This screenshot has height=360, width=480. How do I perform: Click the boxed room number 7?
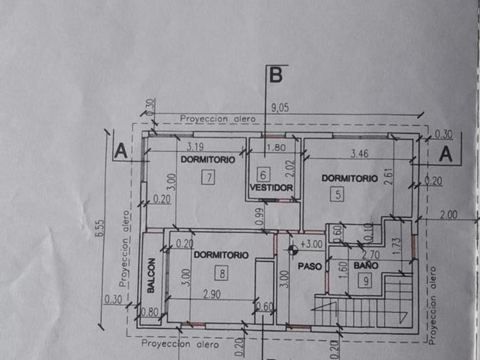(x=210, y=177)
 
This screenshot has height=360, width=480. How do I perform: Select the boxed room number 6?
(x=263, y=174)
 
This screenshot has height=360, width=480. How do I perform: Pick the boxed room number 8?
(x=221, y=273)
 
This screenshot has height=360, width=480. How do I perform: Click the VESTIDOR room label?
(x=272, y=187)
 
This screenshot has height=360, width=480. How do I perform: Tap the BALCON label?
(x=151, y=276)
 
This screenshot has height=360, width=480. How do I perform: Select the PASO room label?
(x=310, y=266)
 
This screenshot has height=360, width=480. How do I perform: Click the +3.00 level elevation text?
(x=311, y=243)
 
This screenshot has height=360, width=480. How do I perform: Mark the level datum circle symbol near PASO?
(x=293, y=249)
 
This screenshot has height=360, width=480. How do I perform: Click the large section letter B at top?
(x=275, y=75)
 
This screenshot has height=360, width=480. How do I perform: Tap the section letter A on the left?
(x=121, y=151)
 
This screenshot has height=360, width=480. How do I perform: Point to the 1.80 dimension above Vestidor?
(x=275, y=147)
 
